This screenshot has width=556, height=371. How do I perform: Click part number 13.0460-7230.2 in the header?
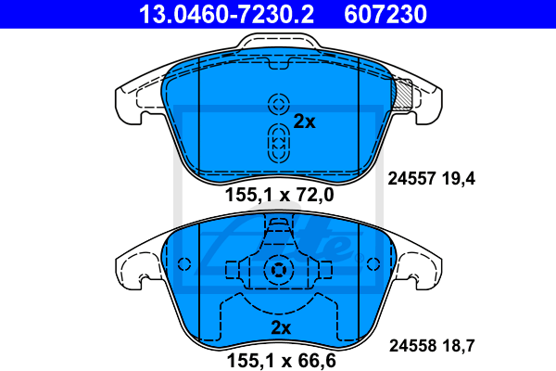(x=226, y=14)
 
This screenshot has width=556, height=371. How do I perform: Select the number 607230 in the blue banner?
(x=385, y=14)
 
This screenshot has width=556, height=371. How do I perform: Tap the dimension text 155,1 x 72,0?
(x=280, y=195)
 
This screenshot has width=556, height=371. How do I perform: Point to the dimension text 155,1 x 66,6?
(x=281, y=361)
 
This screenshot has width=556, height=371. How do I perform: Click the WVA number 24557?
(x=411, y=178)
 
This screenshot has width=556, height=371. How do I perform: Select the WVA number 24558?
(x=412, y=345)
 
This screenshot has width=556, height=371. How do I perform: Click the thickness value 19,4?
(x=459, y=179)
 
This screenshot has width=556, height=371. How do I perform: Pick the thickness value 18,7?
(x=458, y=346)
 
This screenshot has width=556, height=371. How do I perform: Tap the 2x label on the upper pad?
(x=304, y=122)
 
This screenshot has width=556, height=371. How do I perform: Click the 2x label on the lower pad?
(x=281, y=327)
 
